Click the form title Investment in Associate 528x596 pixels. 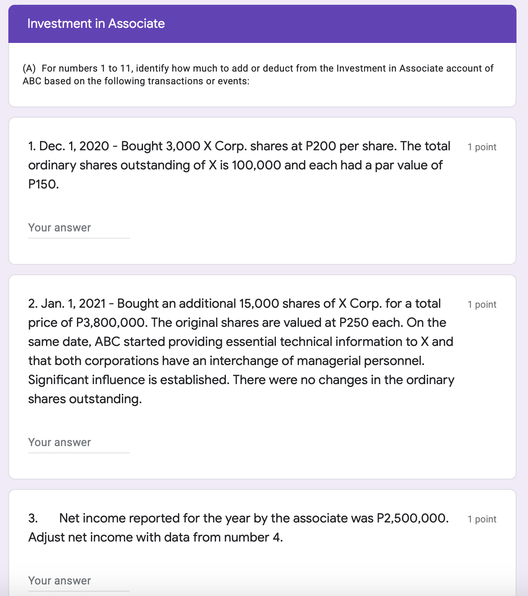(96, 23)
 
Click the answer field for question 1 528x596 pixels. (79, 228)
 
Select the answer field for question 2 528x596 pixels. (79, 443)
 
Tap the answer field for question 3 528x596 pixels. (79, 581)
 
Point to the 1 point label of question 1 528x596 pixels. (482, 147)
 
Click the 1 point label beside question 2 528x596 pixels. (482, 305)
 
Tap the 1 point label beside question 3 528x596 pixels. (482, 519)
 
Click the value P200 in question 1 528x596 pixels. (320, 146)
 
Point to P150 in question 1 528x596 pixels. (43, 184)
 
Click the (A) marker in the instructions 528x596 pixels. (29, 68)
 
